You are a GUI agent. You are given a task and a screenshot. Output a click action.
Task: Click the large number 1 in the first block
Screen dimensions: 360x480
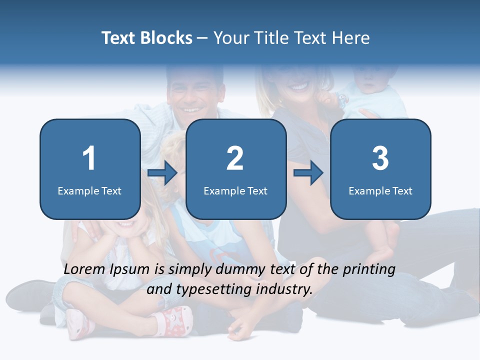pos(89,158)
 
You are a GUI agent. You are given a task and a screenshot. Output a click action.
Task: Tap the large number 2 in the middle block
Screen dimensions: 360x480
pos(235,158)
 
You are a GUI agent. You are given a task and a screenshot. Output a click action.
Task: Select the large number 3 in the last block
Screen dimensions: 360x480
pos(380,158)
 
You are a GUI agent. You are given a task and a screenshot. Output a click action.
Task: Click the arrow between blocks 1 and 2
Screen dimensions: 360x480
pos(163,173)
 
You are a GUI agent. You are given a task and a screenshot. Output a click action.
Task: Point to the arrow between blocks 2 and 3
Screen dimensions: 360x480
pos(308,173)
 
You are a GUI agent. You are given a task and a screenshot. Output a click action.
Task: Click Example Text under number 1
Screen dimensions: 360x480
pos(89,191)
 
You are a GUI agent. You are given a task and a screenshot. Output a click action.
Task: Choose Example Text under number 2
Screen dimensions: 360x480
pos(235,191)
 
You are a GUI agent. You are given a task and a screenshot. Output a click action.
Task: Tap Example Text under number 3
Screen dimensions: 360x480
pos(380,191)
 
